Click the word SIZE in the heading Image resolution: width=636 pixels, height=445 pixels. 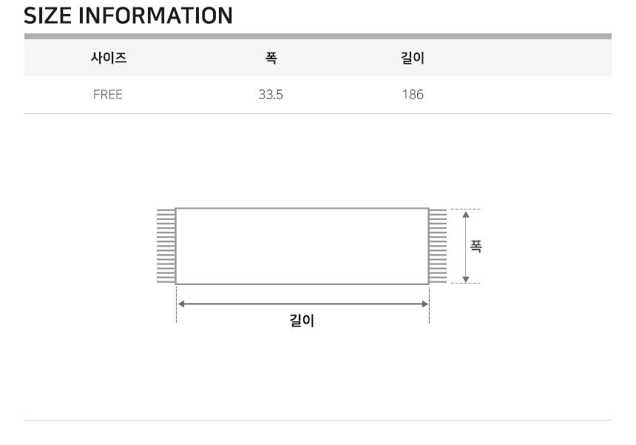click(47, 16)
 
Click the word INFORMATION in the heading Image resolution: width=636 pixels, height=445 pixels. click(155, 16)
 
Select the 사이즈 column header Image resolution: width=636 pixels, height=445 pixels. click(109, 58)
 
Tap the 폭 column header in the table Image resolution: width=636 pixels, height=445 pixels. click(271, 58)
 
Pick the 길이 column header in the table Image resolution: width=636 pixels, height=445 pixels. click(413, 58)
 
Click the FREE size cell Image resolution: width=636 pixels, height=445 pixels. click(108, 95)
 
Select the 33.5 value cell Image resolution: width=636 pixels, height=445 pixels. click(271, 95)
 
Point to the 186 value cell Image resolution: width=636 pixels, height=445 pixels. click(413, 95)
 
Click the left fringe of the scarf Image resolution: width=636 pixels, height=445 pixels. click(166, 246)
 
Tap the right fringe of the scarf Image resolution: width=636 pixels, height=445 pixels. click(438, 246)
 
